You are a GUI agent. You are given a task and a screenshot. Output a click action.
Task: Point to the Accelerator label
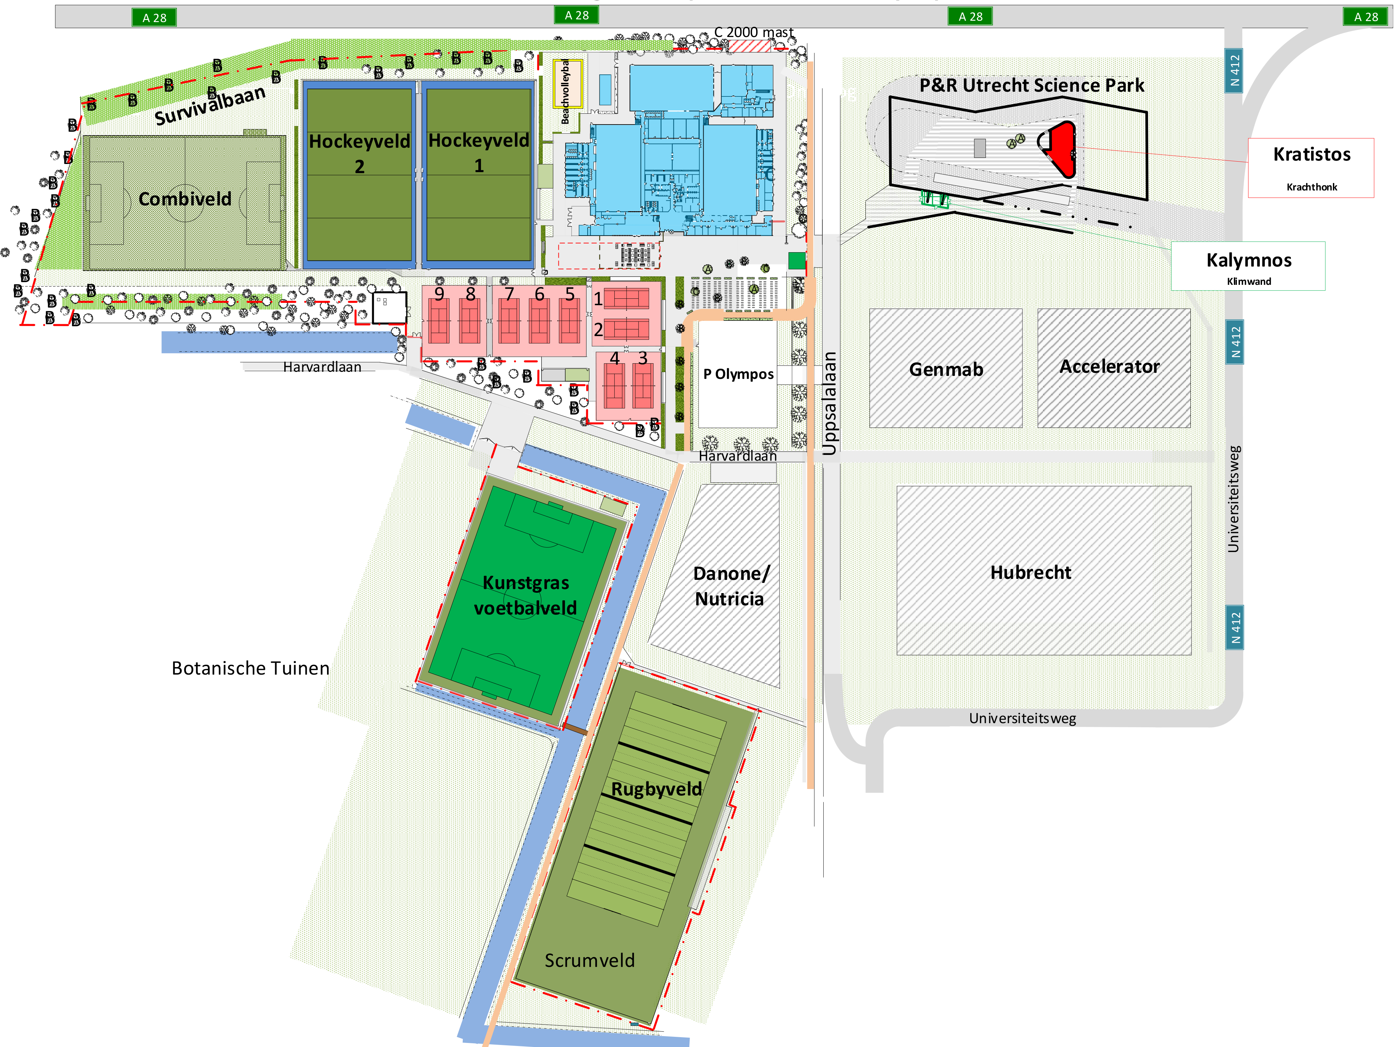click(1109, 366)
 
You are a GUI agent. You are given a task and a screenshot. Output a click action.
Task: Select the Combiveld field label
click(185, 199)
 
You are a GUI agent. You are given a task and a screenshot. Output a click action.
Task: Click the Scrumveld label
click(590, 960)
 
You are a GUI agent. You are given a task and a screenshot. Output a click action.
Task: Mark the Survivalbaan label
click(210, 106)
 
